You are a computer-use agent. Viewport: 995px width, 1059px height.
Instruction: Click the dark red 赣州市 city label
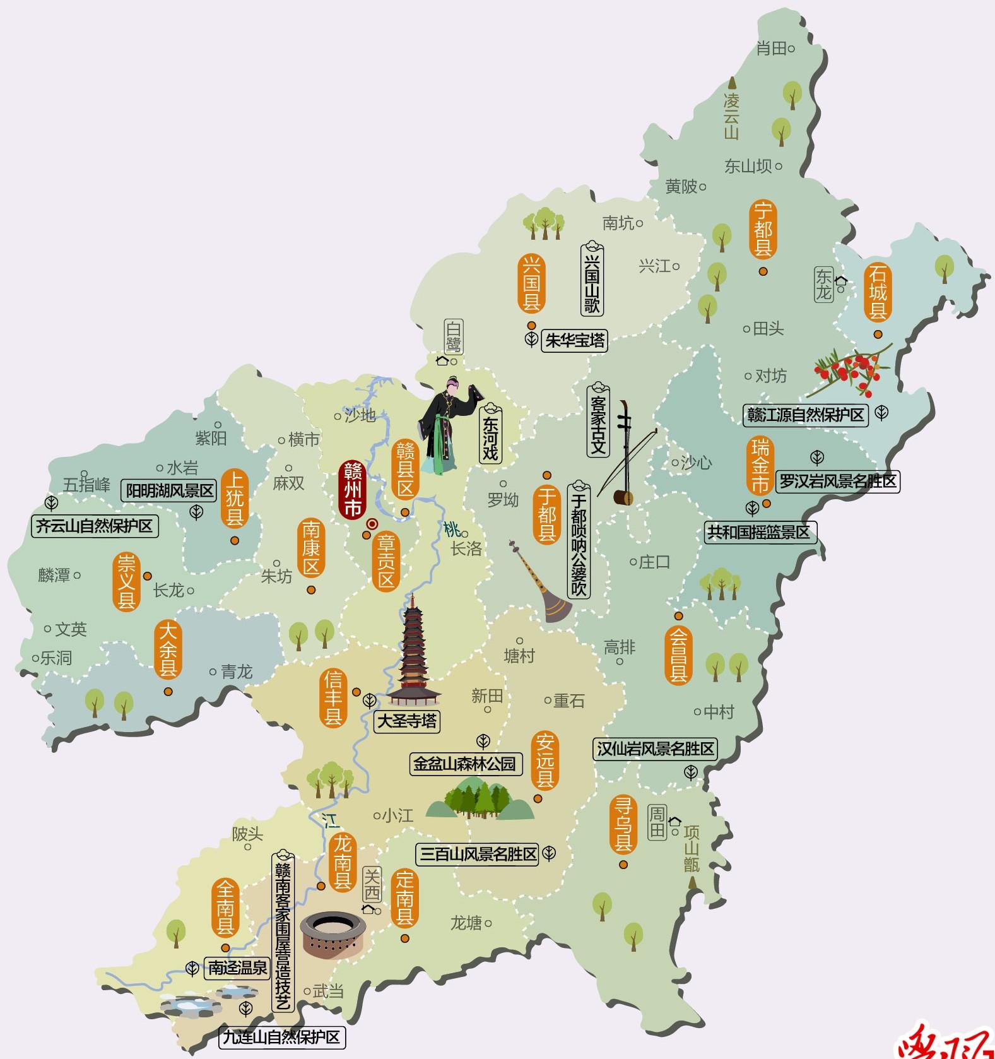[x=353, y=490]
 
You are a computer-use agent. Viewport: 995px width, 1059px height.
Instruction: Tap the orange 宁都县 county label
[x=763, y=229]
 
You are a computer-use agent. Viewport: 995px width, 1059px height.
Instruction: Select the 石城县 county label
[x=878, y=292]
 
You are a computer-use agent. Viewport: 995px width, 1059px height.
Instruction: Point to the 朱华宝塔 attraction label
[x=574, y=341]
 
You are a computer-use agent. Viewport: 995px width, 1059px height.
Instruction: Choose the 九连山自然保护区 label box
[x=282, y=1037]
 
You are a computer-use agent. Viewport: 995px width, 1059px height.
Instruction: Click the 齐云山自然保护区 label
[x=95, y=526]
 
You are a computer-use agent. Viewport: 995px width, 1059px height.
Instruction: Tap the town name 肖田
[x=772, y=49]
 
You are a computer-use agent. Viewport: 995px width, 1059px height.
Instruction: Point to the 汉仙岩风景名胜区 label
[x=656, y=749]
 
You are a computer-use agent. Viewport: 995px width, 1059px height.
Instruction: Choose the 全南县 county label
[x=225, y=909]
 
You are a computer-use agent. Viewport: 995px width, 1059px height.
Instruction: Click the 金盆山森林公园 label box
[x=464, y=764]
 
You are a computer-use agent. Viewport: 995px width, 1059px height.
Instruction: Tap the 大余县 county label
[x=168, y=650]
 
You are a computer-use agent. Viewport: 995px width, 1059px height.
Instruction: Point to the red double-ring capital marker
[x=372, y=523]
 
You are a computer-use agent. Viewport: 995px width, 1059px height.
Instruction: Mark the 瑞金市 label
[x=760, y=467]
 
